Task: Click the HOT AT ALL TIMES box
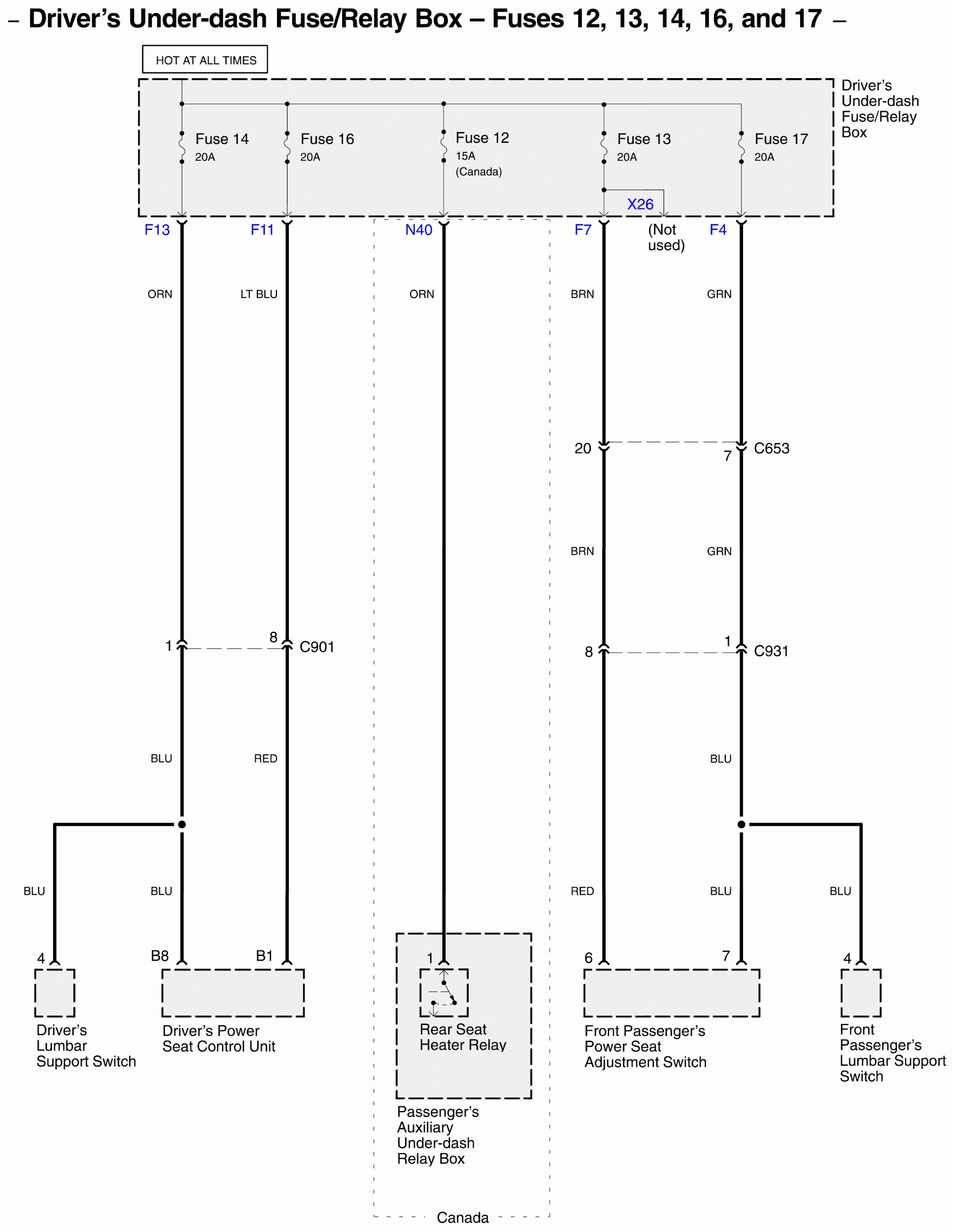coord(205,59)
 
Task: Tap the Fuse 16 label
coord(327,139)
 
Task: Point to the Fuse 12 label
coord(482,138)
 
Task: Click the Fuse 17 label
coord(781,139)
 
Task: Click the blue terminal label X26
coord(640,204)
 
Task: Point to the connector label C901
coord(317,647)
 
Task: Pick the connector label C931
coord(771,651)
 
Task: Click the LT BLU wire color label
coord(259,294)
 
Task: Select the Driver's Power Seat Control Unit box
coord(233,993)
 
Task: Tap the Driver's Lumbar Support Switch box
coord(54,993)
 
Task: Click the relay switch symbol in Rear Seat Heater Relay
coord(443,993)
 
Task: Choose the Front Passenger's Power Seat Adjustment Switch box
coord(671,993)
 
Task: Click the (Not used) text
coord(666,237)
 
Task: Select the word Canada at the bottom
coord(463,1217)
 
